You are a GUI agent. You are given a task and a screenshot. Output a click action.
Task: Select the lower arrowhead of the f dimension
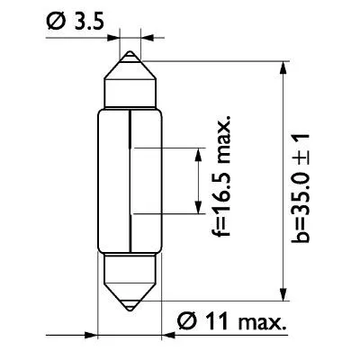[199, 208]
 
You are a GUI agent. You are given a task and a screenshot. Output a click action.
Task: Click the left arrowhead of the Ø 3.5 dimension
[114, 38]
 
